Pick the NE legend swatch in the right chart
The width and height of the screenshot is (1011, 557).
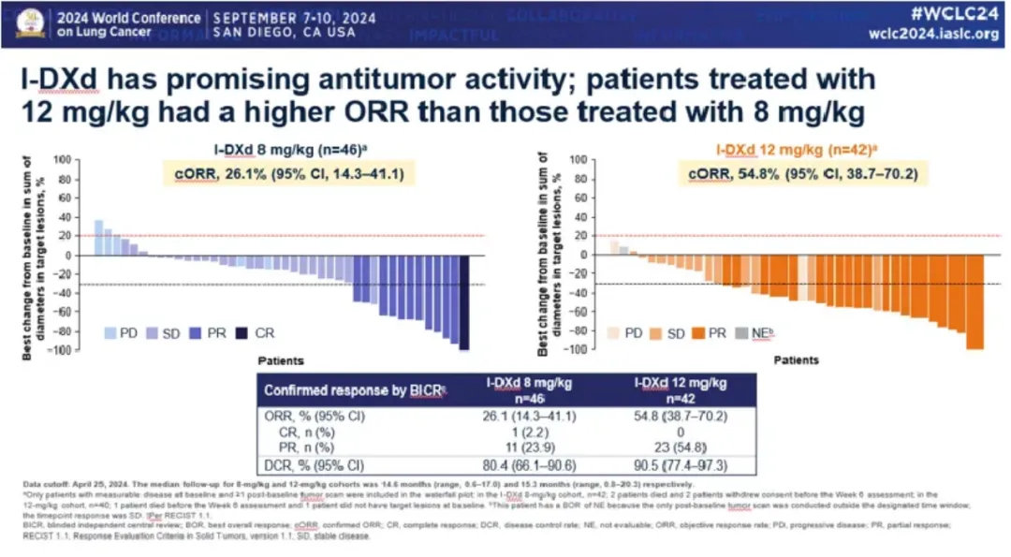pos(740,332)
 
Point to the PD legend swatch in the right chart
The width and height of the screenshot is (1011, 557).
pos(614,332)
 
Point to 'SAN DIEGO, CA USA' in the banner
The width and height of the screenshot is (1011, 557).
pos(284,33)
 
